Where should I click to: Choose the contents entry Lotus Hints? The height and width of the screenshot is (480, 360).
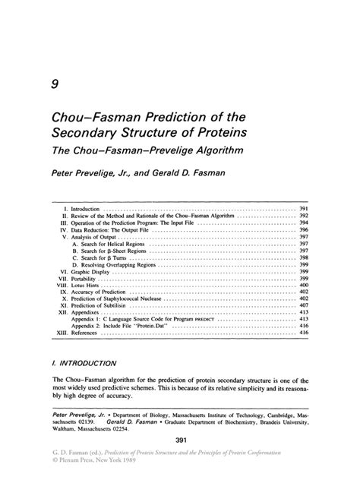click(86, 285)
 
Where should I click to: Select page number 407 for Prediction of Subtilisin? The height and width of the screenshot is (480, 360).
click(302, 306)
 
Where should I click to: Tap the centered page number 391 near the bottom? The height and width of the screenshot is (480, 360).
click(180, 441)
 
